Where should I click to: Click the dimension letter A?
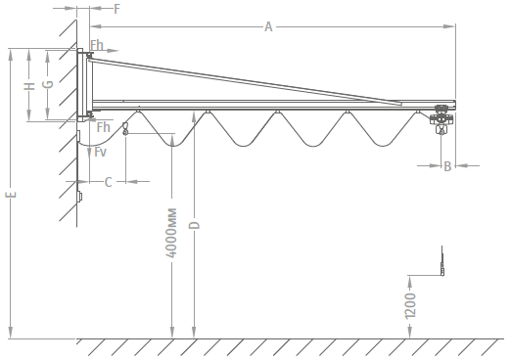coord(268,26)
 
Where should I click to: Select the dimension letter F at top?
coord(116,9)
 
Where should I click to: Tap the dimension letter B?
coord(447,166)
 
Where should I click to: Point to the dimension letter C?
coord(109,182)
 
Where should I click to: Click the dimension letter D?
coord(195,225)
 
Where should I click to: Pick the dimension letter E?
coord(11,195)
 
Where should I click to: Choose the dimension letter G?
coord(48,84)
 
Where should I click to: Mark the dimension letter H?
coord(29,86)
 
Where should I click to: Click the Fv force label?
coord(100,152)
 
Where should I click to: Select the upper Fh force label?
coord(97,45)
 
